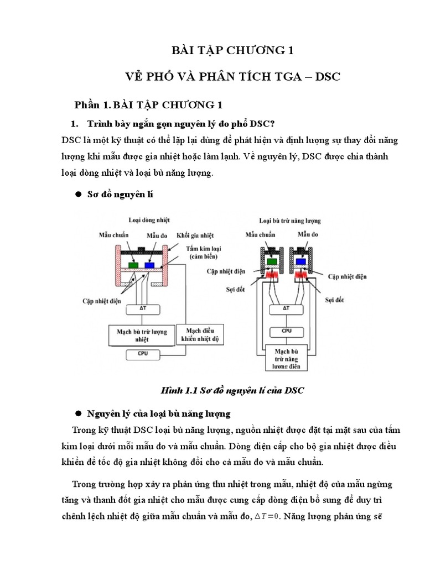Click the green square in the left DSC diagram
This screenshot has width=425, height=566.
click(x=134, y=265)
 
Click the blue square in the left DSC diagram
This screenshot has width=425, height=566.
click(x=149, y=265)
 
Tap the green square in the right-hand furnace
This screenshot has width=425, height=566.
click(x=272, y=261)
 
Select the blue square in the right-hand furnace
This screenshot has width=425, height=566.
click(x=301, y=261)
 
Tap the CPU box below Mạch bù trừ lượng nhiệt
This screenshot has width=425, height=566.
click(x=143, y=353)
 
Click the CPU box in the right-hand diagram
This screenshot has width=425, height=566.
click(x=286, y=332)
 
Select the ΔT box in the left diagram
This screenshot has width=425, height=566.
click(x=143, y=308)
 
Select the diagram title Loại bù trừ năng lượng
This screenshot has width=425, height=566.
click(x=290, y=221)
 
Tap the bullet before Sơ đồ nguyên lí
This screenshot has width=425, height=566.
click(x=78, y=195)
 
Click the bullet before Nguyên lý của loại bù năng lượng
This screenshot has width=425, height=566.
click(x=78, y=413)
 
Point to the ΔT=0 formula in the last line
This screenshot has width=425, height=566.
click(x=267, y=517)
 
